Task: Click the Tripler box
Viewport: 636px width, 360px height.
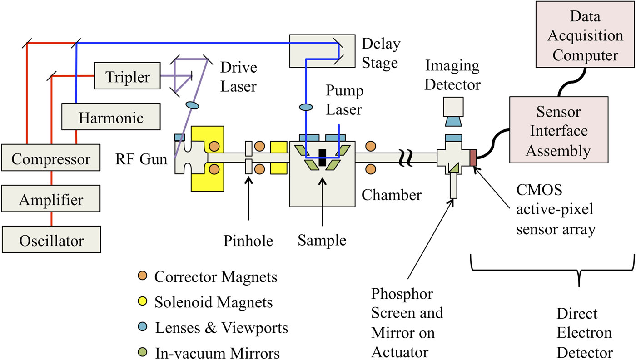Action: [x=127, y=77]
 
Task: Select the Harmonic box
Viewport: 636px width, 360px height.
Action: [x=111, y=118]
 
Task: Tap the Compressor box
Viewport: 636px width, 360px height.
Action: [x=50, y=159]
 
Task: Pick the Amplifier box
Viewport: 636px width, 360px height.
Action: [x=50, y=200]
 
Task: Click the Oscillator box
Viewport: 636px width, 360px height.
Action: [x=50, y=240]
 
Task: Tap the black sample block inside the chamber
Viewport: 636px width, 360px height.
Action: [x=322, y=157]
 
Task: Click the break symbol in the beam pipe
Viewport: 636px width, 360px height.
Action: [x=406, y=158]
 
